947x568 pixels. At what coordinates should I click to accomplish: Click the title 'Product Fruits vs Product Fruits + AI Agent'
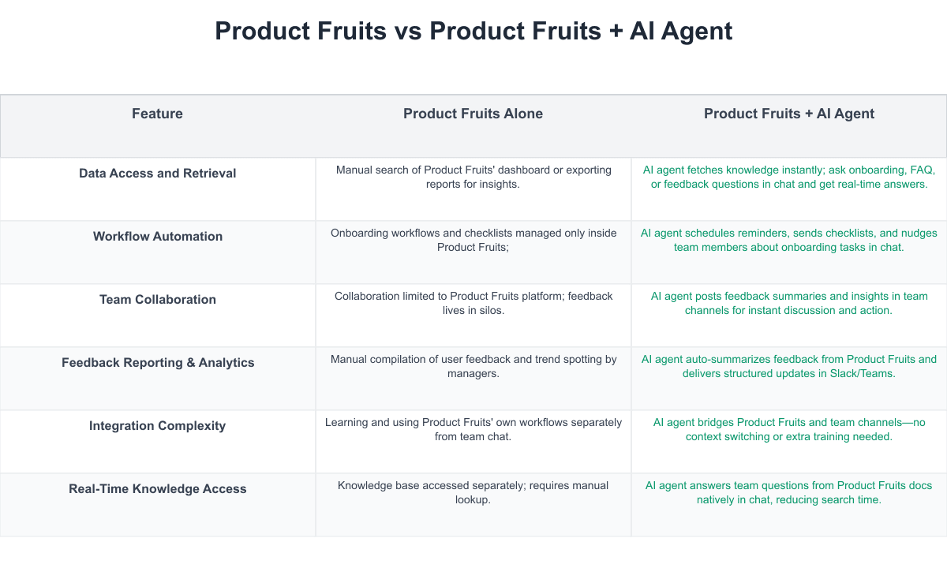pyautogui.click(x=473, y=32)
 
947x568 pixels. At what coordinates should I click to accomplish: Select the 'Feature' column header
pyautogui.click(x=157, y=114)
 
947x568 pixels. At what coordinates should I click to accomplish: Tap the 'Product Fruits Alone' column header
pyautogui.click(x=473, y=114)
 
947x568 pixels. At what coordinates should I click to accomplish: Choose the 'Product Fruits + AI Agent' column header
pyautogui.click(x=789, y=114)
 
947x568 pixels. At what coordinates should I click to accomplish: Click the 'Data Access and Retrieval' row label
pyautogui.click(x=157, y=174)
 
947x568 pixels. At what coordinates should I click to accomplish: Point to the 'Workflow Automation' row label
pyautogui.click(x=157, y=237)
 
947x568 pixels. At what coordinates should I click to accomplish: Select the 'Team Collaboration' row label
pyautogui.click(x=157, y=300)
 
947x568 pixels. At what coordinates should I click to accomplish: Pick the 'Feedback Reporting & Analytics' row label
pyautogui.click(x=158, y=363)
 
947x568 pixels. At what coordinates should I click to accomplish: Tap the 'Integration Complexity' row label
pyautogui.click(x=157, y=426)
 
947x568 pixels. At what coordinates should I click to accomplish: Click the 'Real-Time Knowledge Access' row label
pyautogui.click(x=157, y=489)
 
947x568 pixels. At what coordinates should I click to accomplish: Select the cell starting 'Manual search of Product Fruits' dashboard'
pyautogui.click(x=473, y=177)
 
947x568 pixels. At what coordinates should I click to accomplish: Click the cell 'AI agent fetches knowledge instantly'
pyautogui.click(x=789, y=177)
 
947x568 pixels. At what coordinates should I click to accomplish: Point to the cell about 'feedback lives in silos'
pyautogui.click(x=473, y=303)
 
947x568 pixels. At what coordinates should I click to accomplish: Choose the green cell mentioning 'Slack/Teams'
pyautogui.click(x=789, y=366)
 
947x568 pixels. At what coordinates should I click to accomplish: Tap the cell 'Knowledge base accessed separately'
pyautogui.click(x=473, y=492)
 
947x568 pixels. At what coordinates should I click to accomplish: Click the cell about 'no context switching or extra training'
pyautogui.click(x=789, y=429)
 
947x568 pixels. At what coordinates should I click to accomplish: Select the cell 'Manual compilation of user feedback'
pyautogui.click(x=473, y=366)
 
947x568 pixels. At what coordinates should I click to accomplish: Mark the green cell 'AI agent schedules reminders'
pyautogui.click(x=789, y=240)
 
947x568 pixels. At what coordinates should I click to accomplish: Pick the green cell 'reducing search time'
pyautogui.click(x=789, y=492)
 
